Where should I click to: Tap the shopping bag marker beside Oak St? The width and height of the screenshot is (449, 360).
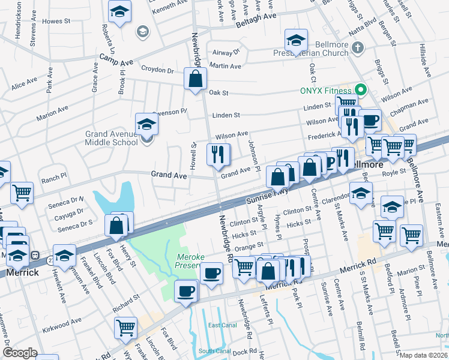point(196,79)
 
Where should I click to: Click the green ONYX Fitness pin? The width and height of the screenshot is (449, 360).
point(360,91)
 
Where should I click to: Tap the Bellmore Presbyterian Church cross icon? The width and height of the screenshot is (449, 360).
point(357,47)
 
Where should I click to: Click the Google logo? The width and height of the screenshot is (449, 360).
point(20,353)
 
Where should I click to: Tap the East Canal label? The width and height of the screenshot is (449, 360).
point(221,325)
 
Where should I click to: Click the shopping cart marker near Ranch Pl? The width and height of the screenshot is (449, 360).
point(22,193)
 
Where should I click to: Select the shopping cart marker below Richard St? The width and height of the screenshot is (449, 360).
point(125,328)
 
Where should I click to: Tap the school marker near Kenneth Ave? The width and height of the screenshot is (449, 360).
point(120,11)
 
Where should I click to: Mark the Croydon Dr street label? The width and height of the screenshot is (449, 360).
point(157,70)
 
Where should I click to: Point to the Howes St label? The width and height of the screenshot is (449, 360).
point(57,21)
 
